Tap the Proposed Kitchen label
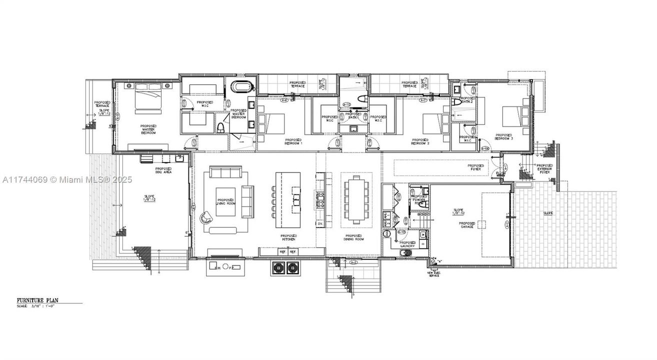tap(288, 237)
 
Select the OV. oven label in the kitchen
tap(319, 224)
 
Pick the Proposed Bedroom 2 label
tap(420, 141)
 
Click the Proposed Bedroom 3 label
tap(504, 136)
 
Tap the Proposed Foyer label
tap(475, 167)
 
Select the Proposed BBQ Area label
tap(163, 170)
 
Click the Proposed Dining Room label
tap(354, 237)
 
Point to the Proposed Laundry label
tap(408, 243)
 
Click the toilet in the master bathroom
tap(219, 127)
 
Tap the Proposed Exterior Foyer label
tap(544, 168)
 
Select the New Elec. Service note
tap(433, 273)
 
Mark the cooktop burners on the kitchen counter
tap(319, 199)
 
